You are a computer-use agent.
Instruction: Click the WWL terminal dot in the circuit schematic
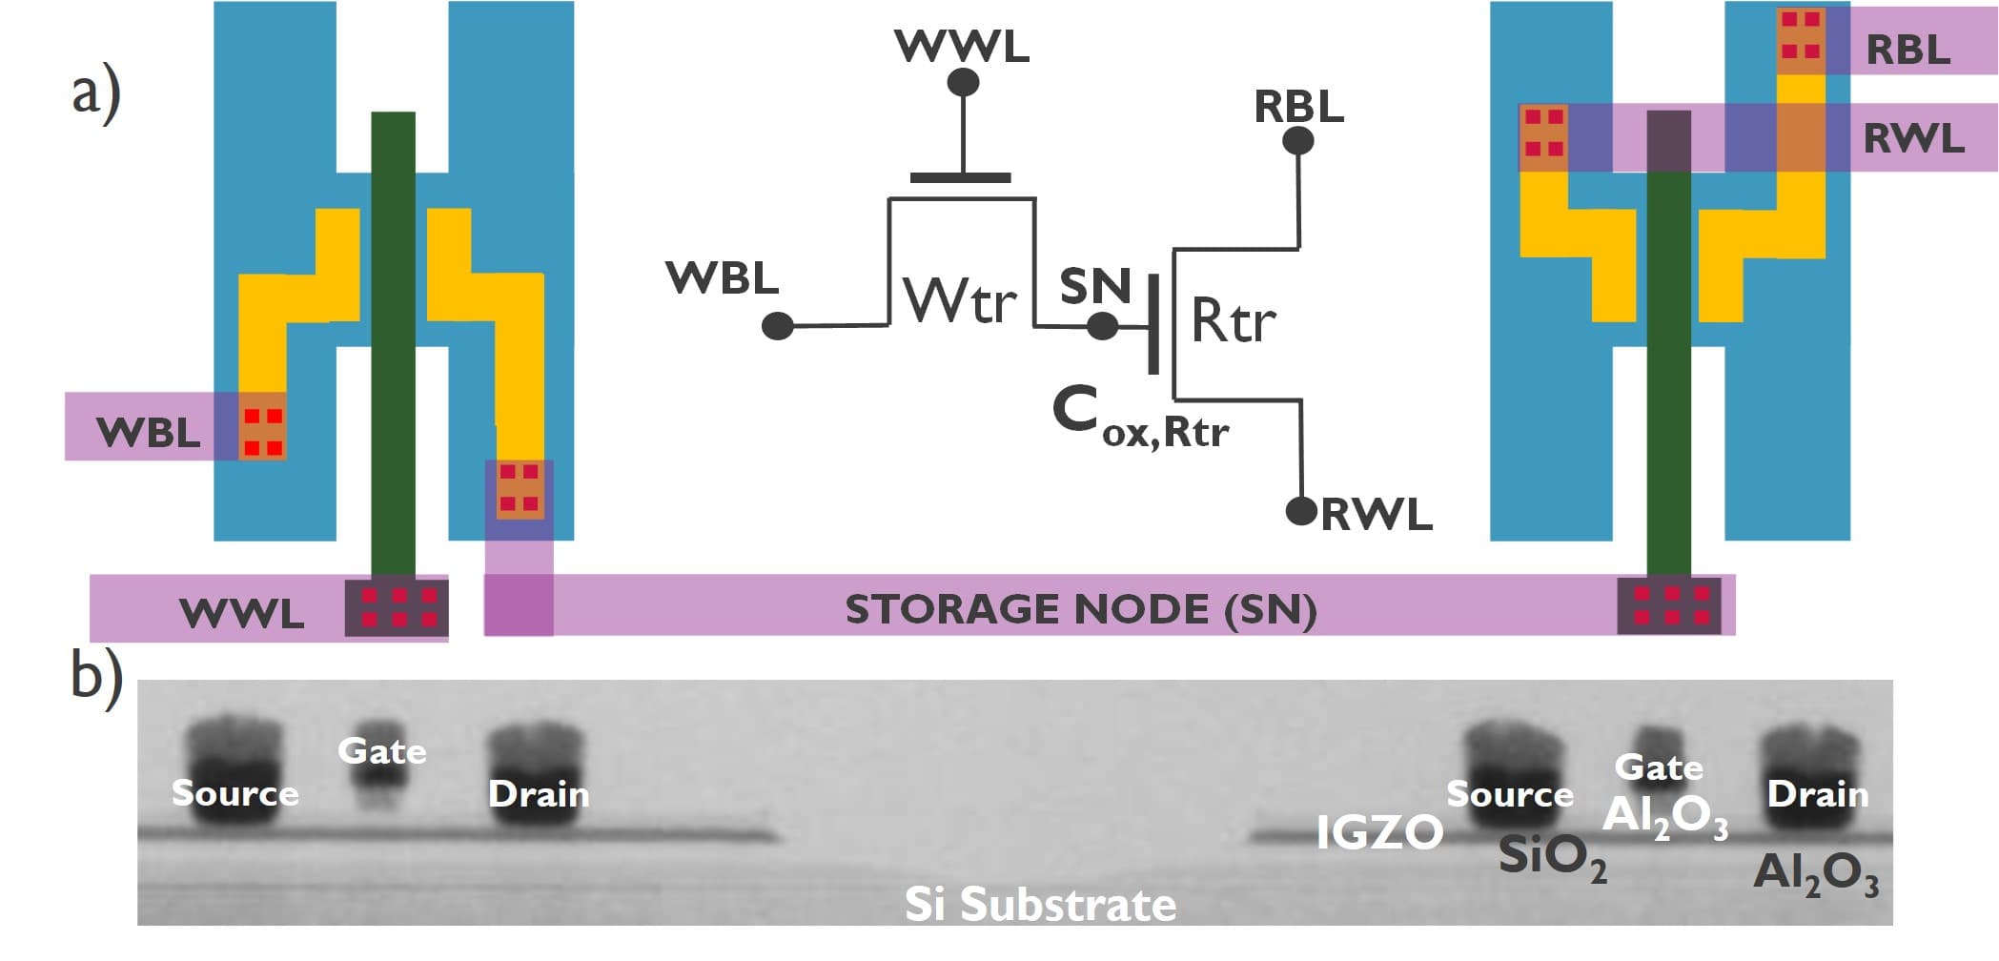(963, 83)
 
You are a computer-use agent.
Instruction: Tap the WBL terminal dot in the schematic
(778, 326)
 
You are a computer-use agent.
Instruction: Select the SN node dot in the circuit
(1102, 326)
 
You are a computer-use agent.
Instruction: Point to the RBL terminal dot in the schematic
(1297, 141)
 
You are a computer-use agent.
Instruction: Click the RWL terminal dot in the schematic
(1301, 511)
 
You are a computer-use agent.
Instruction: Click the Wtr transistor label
(960, 301)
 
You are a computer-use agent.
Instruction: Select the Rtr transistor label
(1233, 320)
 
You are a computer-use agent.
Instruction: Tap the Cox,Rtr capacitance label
(1140, 419)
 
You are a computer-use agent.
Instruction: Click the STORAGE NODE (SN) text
(1080, 609)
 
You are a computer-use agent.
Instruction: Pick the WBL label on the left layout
(149, 433)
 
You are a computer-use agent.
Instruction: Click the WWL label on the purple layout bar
(242, 613)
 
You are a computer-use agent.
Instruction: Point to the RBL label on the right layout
(1907, 49)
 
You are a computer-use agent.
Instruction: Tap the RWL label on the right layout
(1913, 139)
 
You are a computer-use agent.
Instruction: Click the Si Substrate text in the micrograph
(1039, 904)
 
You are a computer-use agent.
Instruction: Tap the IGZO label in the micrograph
(1378, 832)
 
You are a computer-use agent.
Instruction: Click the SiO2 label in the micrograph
(1551, 856)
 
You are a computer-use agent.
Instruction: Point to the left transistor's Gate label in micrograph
(381, 751)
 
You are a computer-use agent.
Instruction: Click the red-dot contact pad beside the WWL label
(397, 607)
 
